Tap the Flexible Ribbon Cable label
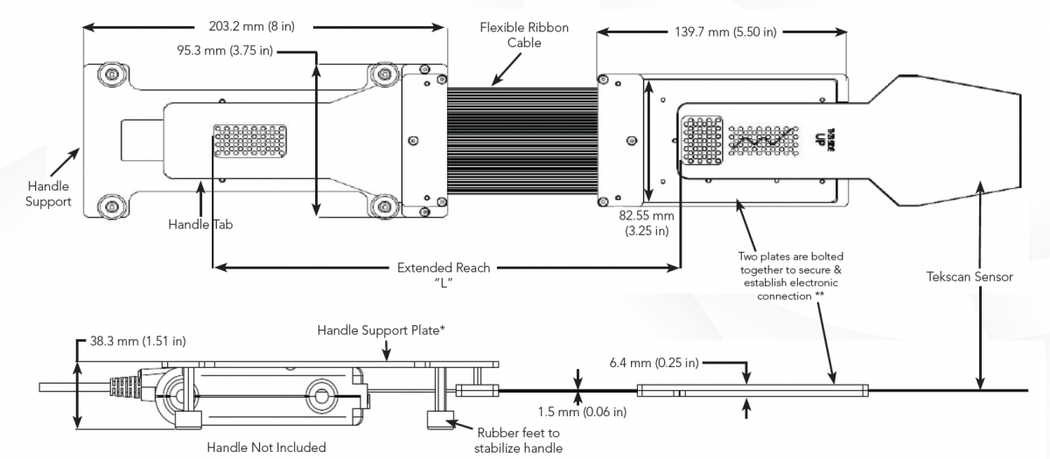523,35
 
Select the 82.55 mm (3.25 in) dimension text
647,223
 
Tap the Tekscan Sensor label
969,276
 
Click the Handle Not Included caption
266,448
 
